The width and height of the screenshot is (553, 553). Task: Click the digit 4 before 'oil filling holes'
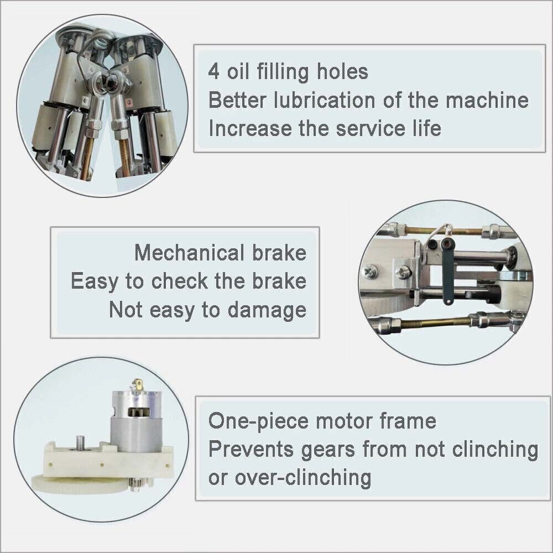[213, 71]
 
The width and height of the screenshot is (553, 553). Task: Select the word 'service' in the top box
[371, 128]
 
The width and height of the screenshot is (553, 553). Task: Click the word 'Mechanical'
[189, 253]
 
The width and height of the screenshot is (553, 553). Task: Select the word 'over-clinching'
[303, 478]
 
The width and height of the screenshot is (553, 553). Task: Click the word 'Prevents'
[251, 449]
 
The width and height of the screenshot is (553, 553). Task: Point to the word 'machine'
[487, 100]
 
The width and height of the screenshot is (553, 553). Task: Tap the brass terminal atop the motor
[138, 385]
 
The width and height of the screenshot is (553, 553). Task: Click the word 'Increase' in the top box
[250, 128]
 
